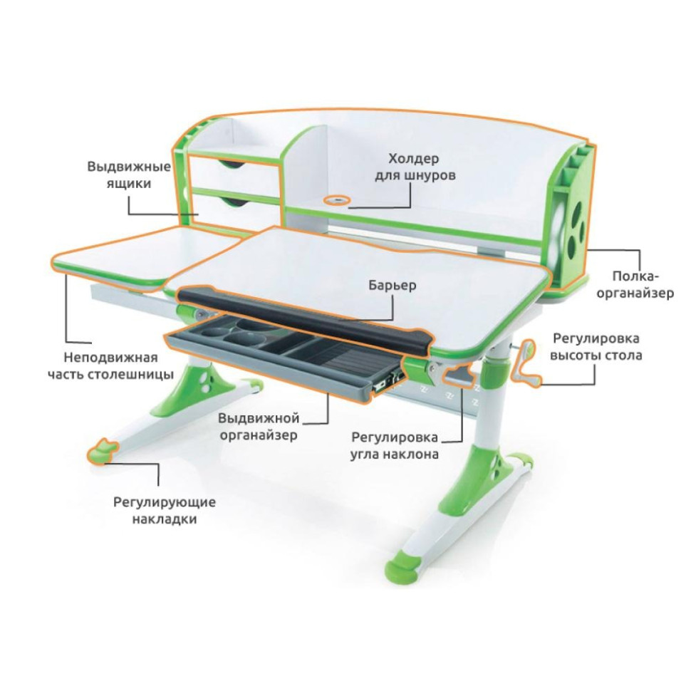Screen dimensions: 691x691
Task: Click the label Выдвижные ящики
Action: [x=129, y=175]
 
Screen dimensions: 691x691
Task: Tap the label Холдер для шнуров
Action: [x=415, y=167]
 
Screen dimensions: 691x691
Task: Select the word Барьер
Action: [x=393, y=285]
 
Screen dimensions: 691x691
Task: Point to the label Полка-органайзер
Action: [x=635, y=285]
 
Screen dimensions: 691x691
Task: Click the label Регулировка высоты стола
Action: [x=596, y=347]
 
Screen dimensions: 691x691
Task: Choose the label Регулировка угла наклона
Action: [x=395, y=445]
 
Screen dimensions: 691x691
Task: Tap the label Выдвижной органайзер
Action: [x=259, y=427]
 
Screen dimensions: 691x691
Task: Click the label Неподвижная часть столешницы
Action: [x=110, y=365]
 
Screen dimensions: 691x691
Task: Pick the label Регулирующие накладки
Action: [x=165, y=510]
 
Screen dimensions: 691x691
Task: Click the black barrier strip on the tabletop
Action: [x=304, y=316]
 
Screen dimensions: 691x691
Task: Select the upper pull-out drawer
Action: [x=235, y=172]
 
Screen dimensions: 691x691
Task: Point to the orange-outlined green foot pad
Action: [x=103, y=450]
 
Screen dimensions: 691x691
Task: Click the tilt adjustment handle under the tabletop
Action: [x=459, y=375]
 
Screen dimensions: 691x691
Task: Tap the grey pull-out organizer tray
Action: [x=284, y=355]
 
